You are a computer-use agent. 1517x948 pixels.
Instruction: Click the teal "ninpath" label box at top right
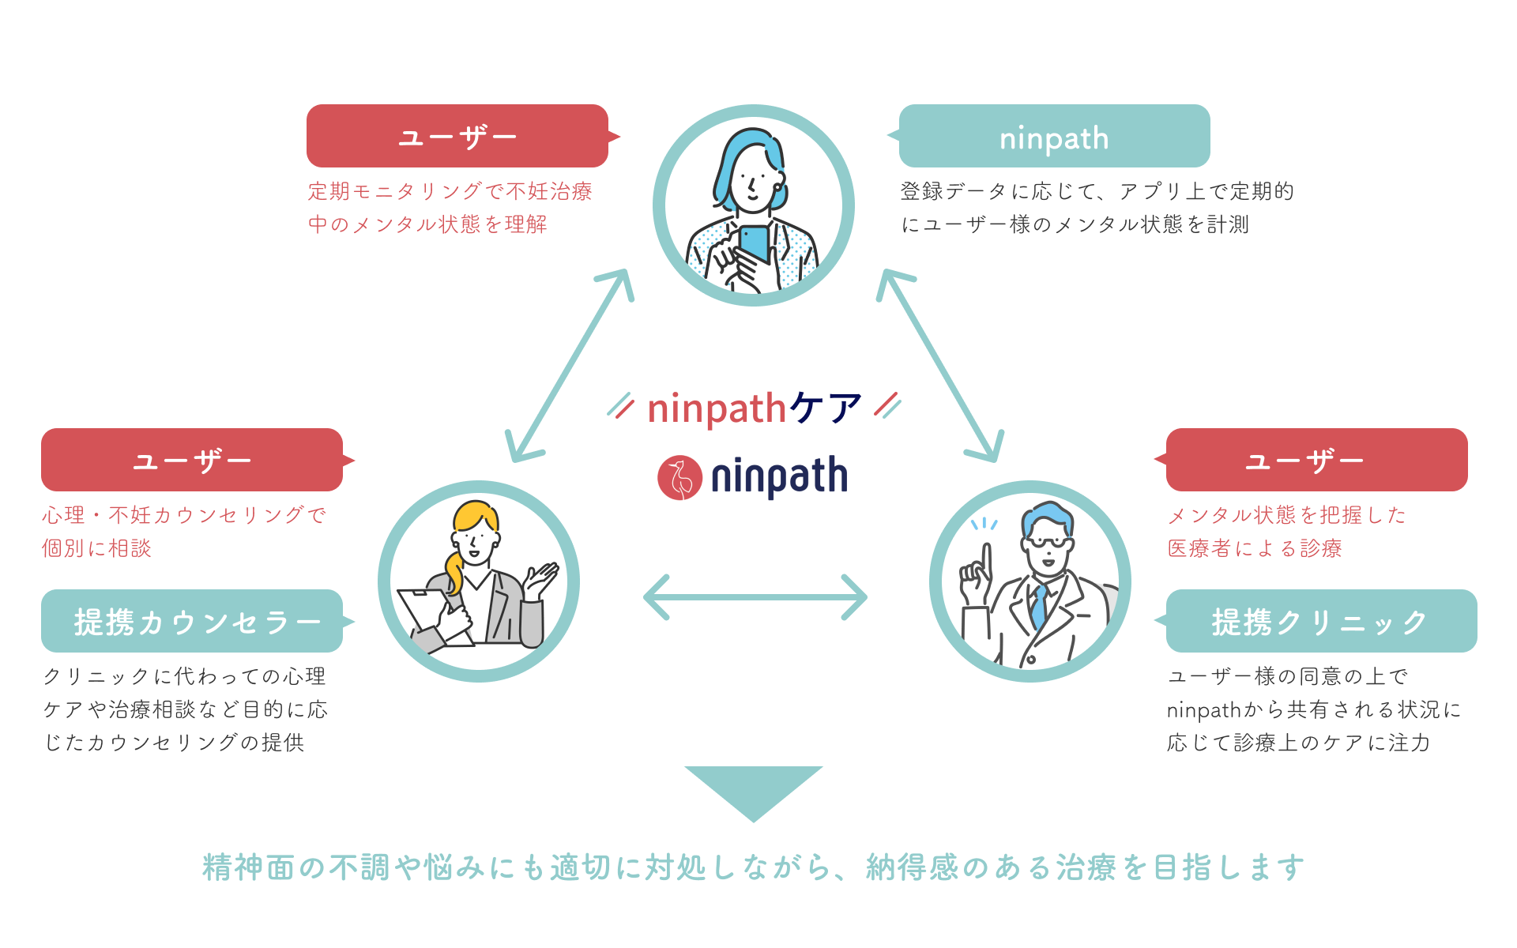(x=1054, y=136)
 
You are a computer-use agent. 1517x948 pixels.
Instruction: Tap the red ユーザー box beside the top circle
(x=457, y=136)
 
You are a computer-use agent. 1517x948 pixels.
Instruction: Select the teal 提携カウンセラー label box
(x=192, y=621)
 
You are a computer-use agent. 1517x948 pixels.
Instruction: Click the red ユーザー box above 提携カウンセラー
(x=192, y=460)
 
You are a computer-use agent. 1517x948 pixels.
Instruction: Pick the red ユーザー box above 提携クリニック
(x=1316, y=460)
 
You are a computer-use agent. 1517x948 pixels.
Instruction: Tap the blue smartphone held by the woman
(x=755, y=243)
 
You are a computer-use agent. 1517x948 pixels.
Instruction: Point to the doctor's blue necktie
(x=1039, y=605)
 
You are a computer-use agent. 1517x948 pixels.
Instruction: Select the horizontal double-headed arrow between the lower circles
(x=755, y=597)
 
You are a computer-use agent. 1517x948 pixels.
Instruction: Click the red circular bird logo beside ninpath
(x=679, y=478)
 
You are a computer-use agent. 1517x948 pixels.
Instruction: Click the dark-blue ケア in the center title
(x=826, y=408)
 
